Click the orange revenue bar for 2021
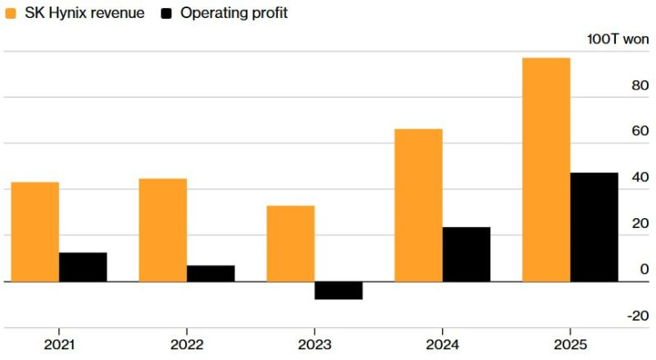point(35,232)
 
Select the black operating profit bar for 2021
point(83,267)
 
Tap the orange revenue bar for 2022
point(162,230)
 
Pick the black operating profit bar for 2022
point(211,274)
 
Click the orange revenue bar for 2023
point(290,244)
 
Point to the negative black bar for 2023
point(339,290)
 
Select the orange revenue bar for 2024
point(418,205)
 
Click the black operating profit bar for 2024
point(467,254)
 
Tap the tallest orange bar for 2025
point(546,170)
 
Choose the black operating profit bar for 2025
point(594,227)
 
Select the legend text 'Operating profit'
point(234,13)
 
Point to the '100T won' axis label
point(617,39)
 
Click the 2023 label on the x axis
point(315,344)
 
